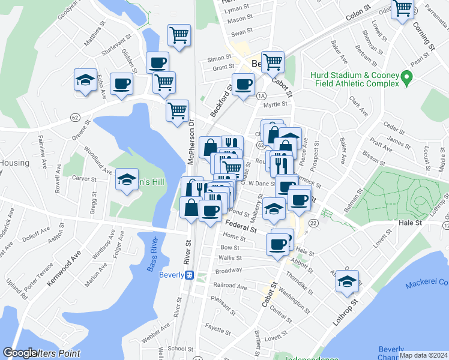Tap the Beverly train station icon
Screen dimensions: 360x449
188,275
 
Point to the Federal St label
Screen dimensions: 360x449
241,226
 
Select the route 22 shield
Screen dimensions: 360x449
313,223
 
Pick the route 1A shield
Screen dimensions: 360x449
261,95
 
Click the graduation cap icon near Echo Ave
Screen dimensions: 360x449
86,80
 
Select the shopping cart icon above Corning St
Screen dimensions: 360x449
402,8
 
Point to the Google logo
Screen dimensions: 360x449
20,353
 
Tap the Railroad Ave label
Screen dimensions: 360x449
228,287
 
